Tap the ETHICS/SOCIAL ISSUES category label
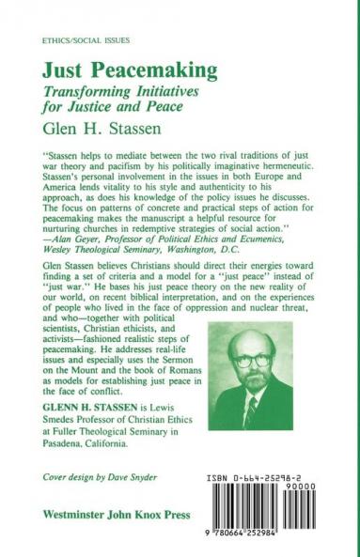79,42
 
